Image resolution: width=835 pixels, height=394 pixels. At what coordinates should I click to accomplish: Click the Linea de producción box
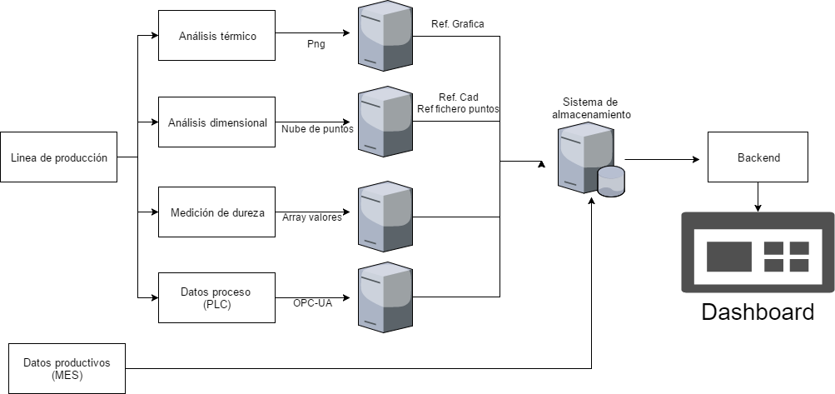pyautogui.click(x=58, y=157)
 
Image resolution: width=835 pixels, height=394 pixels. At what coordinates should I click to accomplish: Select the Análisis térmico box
pyautogui.click(x=216, y=36)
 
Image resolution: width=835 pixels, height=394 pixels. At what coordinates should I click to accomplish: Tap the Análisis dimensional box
pyautogui.click(x=216, y=122)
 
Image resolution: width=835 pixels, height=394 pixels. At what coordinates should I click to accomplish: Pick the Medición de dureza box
pyautogui.click(x=216, y=212)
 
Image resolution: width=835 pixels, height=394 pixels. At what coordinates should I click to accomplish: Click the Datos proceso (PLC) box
pyautogui.click(x=216, y=297)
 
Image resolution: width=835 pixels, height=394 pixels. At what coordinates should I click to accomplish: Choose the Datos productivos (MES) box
pyautogui.click(x=66, y=368)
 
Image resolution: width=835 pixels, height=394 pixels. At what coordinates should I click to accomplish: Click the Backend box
pyautogui.click(x=758, y=157)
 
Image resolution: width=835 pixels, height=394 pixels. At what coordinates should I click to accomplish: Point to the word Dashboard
pyautogui.click(x=757, y=312)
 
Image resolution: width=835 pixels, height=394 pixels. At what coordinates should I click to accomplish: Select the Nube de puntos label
pyautogui.click(x=316, y=129)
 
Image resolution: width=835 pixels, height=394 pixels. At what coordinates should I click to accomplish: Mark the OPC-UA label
pyautogui.click(x=313, y=303)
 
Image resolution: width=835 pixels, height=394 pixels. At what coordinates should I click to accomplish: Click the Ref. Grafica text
pyautogui.click(x=456, y=23)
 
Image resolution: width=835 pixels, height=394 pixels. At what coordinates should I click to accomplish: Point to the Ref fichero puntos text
pyautogui.click(x=458, y=109)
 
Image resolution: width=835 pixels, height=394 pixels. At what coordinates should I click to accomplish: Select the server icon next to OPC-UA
pyautogui.click(x=385, y=297)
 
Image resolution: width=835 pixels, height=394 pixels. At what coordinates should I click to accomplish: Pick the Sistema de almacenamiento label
pyautogui.click(x=591, y=107)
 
